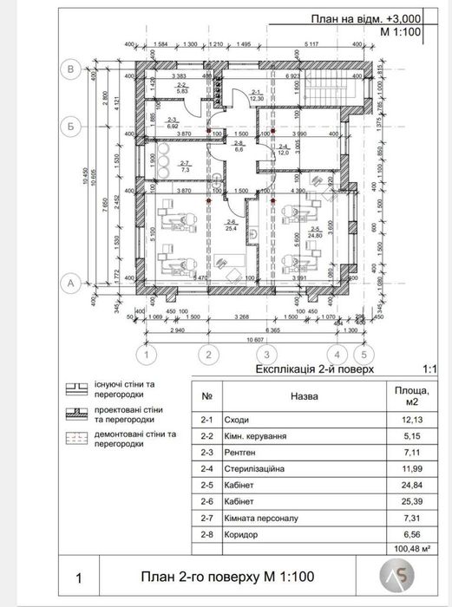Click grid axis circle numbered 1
[148, 355]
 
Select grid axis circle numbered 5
[364, 355]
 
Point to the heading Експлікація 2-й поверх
[314, 369]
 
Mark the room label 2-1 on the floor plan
[256, 93]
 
